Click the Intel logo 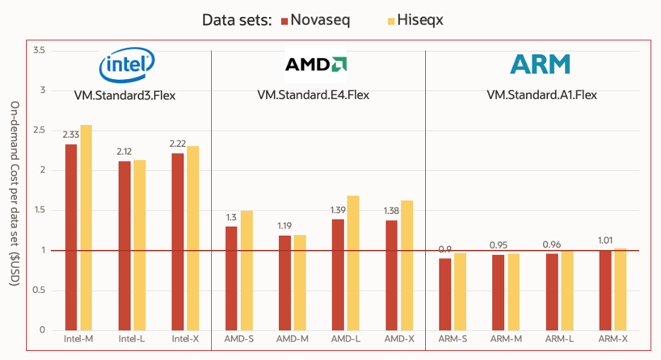point(126,66)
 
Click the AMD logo point(315,65)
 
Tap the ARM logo point(540,65)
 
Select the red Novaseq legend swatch point(285,20)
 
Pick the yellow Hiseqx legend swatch point(386,20)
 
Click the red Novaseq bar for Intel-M point(71,237)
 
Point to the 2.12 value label point(124,151)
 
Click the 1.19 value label point(284,226)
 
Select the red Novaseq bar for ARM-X point(605,289)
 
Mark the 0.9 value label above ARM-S point(445,248)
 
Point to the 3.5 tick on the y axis point(39,51)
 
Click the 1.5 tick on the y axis point(39,210)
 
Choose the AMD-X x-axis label point(400,340)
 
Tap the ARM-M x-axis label point(506,340)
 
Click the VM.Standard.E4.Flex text point(313,95)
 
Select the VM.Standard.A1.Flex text point(542,95)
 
